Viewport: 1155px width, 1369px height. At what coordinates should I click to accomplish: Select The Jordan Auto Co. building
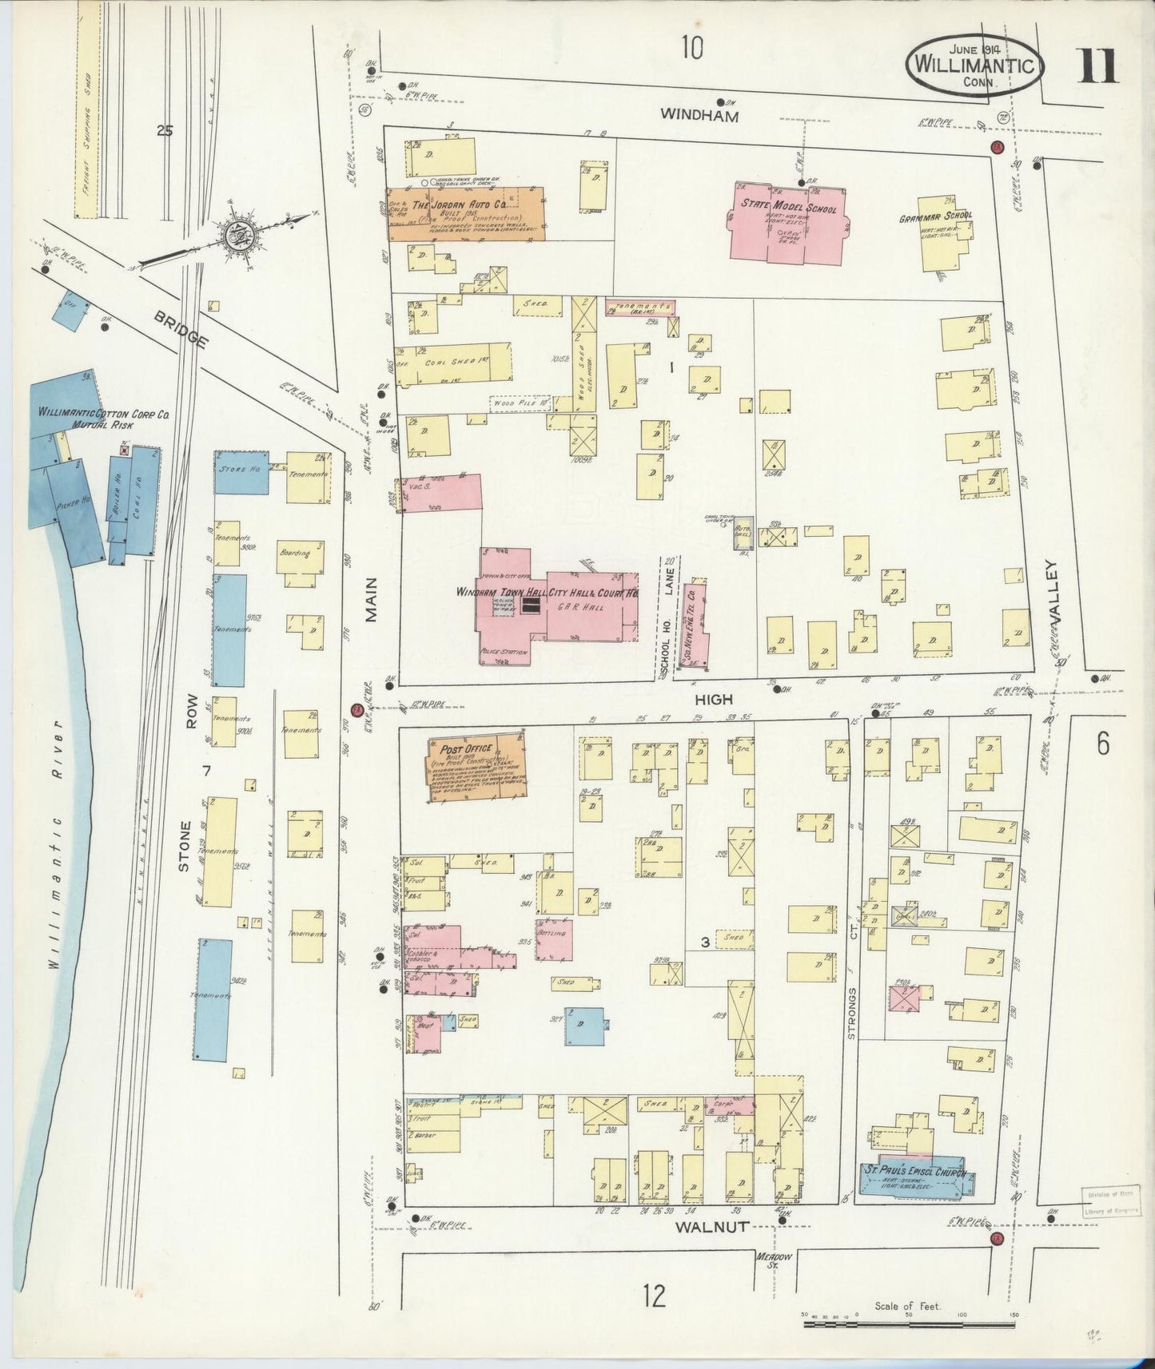click(466, 214)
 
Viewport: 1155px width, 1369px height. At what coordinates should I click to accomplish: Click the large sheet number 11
click(1098, 67)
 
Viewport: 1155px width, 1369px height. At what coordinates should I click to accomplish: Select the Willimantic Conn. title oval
click(974, 65)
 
